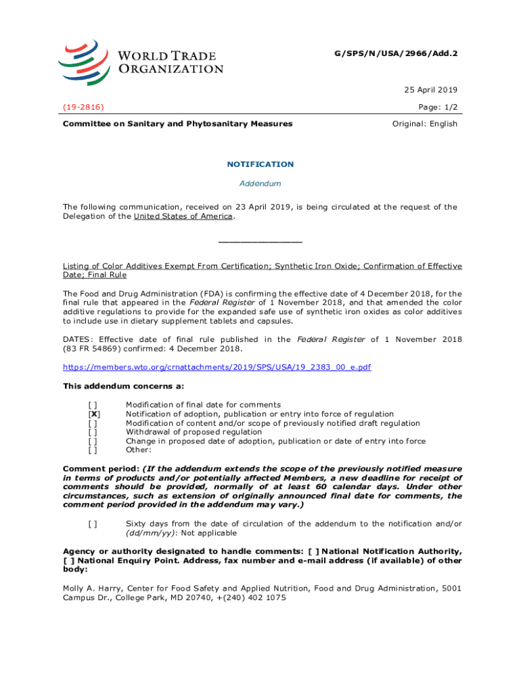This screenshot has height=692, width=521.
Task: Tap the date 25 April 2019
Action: pyautogui.click(x=431, y=90)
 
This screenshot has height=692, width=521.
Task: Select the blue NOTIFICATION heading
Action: pyautogui.click(x=260, y=164)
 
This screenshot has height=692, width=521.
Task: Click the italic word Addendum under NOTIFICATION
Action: pyautogui.click(x=260, y=183)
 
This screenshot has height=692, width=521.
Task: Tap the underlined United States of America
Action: pyautogui.click(x=183, y=216)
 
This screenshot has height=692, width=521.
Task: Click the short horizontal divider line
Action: pyautogui.click(x=260, y=242)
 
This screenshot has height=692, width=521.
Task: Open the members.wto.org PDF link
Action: pyautogui.click(x=217, y=367)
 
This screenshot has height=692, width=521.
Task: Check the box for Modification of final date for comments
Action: pyautogui.click(x=93, y=405)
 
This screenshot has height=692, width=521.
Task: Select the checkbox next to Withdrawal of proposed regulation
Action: pyautogui.click(x=93, y=432)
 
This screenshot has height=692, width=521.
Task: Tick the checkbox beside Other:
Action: pyautogui.click(x=93, y=450)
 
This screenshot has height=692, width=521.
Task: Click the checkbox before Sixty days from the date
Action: pyautogui.click(x=93, y=524)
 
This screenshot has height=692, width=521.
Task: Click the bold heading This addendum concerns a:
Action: pyautogui.click(x=114, y=386)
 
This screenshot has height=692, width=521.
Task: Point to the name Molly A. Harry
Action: pyautogui.click(x=92, y=589)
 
